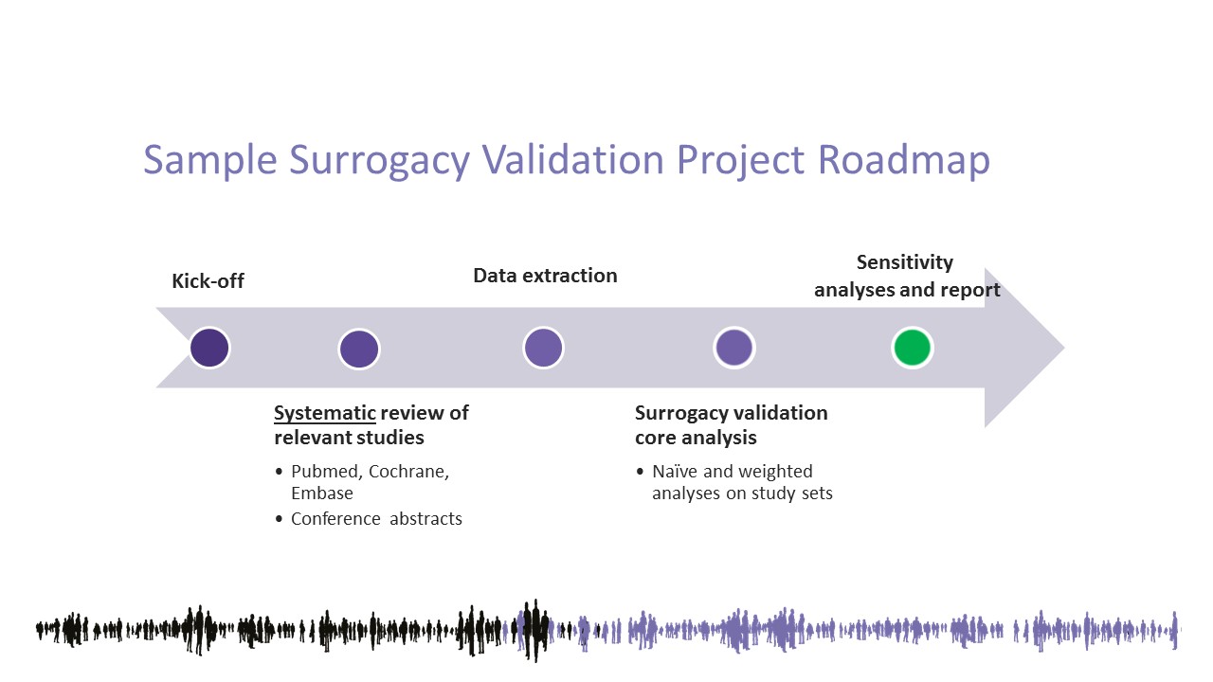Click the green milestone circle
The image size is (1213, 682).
913,348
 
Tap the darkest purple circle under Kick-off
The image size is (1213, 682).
209,348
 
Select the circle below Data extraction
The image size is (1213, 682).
544,348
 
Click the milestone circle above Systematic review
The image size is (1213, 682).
359,349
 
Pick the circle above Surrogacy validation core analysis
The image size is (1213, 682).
734,348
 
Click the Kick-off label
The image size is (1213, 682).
208,281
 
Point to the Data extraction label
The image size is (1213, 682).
545,276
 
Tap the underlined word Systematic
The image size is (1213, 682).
325,414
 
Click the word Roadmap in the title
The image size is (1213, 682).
904,161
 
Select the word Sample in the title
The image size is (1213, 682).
210,161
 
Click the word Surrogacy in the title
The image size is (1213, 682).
380,161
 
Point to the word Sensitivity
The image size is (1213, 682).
905,262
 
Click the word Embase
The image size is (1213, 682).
322,494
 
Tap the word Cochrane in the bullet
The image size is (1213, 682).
408,472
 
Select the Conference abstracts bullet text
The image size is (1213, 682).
377,518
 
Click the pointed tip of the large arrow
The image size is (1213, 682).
1063,348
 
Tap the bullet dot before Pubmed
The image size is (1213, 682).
279,472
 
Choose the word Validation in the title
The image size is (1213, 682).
573,161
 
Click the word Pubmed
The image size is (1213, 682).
326,472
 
